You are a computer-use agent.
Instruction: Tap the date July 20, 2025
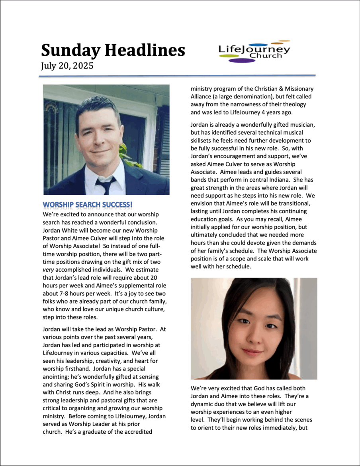(x=67, y=66)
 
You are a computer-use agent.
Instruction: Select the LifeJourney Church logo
(x=254, y=52)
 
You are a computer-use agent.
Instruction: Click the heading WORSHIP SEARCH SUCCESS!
(x=88, y=205)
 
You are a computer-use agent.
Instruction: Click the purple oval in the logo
(x=242, y=61)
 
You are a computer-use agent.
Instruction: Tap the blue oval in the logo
(x=253, y=45)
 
